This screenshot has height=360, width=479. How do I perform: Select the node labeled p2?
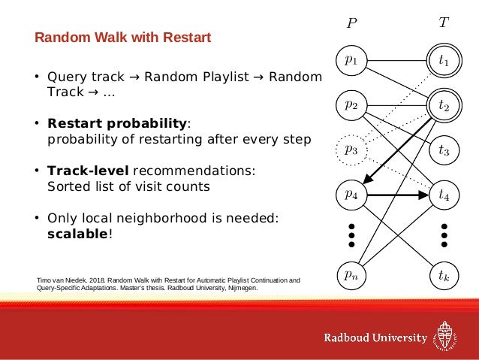351,105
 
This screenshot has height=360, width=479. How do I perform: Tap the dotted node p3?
351,150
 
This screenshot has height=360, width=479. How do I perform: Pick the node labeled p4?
351,194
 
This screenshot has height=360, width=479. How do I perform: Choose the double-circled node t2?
444,106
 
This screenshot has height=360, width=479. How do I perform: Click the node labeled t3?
444,150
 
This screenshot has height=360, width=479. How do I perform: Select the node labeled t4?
444,194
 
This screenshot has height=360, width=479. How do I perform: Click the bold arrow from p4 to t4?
398,194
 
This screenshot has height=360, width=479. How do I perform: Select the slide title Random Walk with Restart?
124,37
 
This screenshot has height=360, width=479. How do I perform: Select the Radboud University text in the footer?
375,337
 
